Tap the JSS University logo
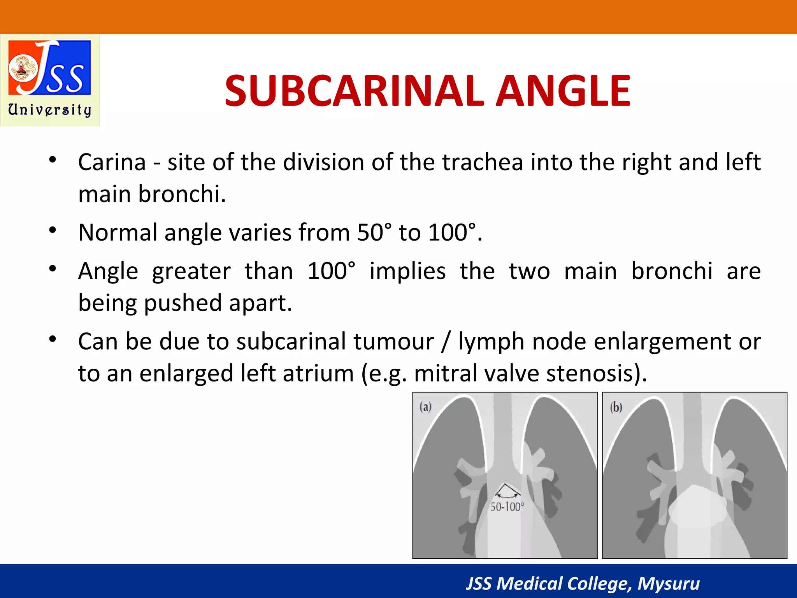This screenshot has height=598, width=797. tap(50, 80)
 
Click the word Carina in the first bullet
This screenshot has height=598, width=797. tap(112, 162)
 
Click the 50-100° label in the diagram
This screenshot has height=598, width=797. tap(507, 507)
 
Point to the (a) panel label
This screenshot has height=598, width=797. tap(425, 407)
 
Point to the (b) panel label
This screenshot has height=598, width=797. tap(616, 407)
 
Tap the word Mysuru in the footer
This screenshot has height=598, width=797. tap(668, 584)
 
